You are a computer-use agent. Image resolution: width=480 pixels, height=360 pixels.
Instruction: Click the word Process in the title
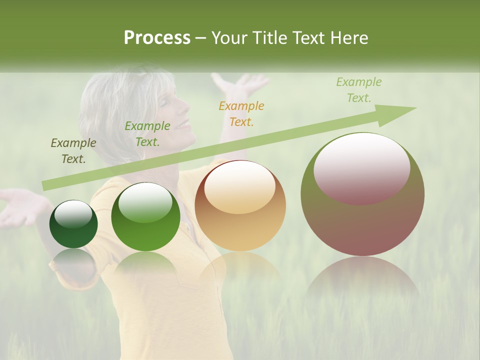[157, 38]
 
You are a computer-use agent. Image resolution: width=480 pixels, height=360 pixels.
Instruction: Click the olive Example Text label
[73, 151]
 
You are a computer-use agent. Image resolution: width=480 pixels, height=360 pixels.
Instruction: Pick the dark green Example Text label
[147, 133]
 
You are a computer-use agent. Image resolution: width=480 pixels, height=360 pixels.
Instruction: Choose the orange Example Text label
[241, 113]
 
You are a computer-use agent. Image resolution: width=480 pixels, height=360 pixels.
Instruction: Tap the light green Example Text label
[358, 89]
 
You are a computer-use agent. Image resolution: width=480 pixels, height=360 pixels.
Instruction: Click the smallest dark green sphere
[73, 224]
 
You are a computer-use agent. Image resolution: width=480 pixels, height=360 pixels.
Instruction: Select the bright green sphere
[145, 216]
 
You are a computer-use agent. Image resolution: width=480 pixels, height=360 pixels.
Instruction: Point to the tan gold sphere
[240, 205]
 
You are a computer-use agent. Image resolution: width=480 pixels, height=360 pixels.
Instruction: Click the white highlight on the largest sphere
[361, 167]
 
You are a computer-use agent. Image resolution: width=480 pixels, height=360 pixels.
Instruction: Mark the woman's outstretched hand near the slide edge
[20, 205]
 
